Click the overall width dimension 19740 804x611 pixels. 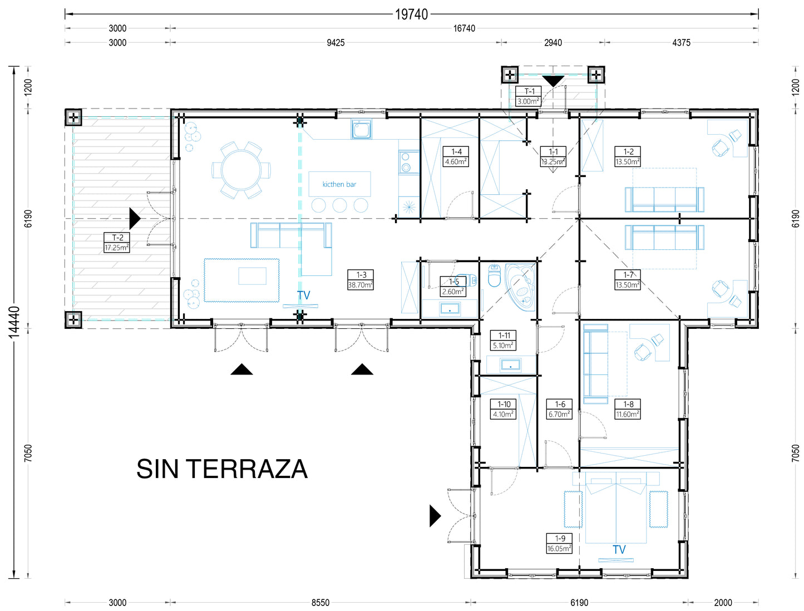[x=411, y=14]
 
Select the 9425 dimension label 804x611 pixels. [x=336, y=43]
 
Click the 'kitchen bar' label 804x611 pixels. [x=339, y=184]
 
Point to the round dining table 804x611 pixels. [x=241, y=170]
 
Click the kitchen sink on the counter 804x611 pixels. [x=361, y=129]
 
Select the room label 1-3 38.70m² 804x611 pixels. [x=361, y=280]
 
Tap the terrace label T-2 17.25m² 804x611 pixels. [x=116, y=243]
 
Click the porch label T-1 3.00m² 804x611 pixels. [x=528, y=96]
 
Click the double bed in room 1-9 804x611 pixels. [x=615, y=507]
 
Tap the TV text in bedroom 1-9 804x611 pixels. [x=619, y=550]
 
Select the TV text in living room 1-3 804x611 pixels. [x=303, y=295]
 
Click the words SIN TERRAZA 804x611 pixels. [x=222, y=469]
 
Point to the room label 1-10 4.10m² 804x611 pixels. [x=503, y=409]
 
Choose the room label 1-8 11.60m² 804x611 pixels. [x=628, y=409]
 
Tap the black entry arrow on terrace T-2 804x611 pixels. [x=135, y=219]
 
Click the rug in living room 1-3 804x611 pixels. [x=241, y=280]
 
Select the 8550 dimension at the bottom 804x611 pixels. [x=320, y=603]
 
